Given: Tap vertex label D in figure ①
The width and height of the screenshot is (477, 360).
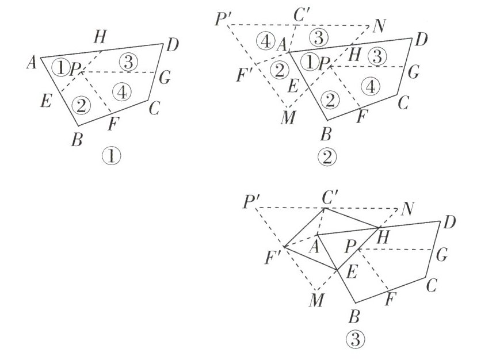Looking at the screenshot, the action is pyautogui.click(x=171, y=45).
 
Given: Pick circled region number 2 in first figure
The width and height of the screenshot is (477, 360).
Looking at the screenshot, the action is pyautogui.click(x=81, y=105).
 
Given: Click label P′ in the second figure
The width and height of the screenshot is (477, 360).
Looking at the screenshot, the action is pyautogui.click(x=222, y=19).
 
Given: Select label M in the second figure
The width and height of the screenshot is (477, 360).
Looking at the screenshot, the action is pyautogui.click(x=287, y=119).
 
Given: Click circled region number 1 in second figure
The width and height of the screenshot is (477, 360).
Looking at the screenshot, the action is pyautogui.click(x=310, y=62).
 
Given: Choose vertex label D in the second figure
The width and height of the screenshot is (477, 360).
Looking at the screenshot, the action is pyautogui.click(x=420, y=40).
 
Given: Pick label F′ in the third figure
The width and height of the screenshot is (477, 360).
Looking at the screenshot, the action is pyautogui.click(x=272, y=255).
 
